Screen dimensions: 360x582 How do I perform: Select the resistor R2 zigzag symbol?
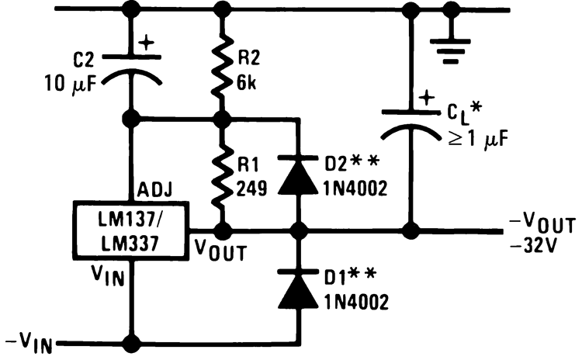point(224,66)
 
